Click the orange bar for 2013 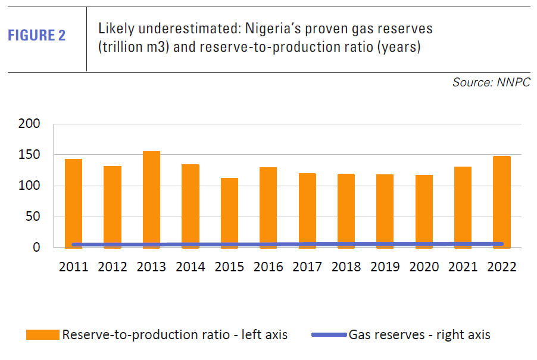(151, 199)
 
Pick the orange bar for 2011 (73, 203)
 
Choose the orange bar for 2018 (346, 211)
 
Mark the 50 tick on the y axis (32, 217)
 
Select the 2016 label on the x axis (268, 267)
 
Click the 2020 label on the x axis (424, 267)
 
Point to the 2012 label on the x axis (113, 267)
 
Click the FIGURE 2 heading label (37, 36)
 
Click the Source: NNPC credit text (491, 83)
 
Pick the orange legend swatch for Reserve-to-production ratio (42, 335)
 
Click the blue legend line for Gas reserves (329, 335)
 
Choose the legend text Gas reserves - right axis (420, 335)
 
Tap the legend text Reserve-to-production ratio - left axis (175, 335)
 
